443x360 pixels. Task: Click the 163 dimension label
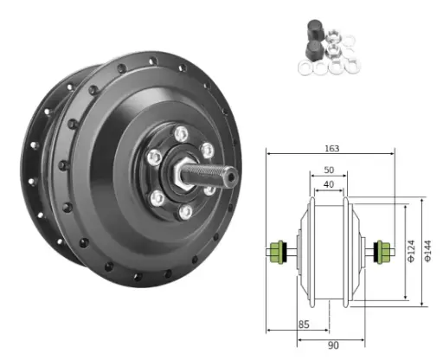(x=332, y=149)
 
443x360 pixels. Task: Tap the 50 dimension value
(x=329, y=170)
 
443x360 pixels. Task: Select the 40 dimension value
(x=329, y=184)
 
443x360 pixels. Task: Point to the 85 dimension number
(x=304, y=325)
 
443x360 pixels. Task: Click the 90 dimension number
(x=333, y=345)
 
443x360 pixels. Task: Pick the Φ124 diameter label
(x=411, y=251)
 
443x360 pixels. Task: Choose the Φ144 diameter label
(x=428, y=251)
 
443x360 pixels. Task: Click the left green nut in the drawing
(x=277, y=253)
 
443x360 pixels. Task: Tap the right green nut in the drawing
(x=383, y=253)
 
